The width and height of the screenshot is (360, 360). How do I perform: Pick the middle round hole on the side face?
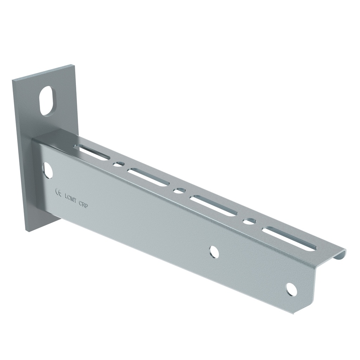[214, 252]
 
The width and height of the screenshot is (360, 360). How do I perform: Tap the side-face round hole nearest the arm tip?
[291, 289]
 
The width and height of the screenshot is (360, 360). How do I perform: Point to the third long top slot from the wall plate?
[213, 206]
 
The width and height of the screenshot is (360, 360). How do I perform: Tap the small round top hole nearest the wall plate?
[119, 164]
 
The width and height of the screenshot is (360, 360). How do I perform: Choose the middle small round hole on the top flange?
[179, 190]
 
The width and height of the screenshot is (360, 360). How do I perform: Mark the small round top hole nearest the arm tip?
[249, 221]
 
